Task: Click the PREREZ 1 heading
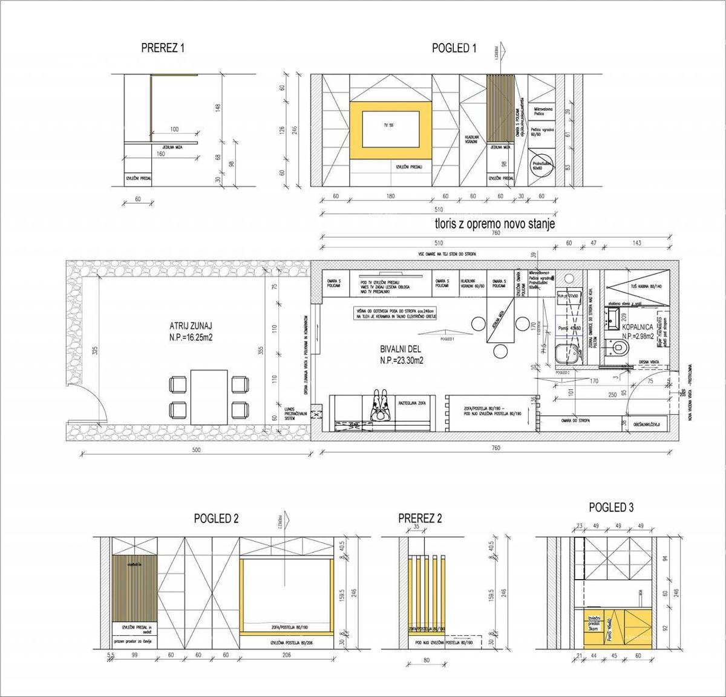coord(162,48)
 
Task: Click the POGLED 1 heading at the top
coord(454,49)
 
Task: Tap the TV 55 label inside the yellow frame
coord(388,125)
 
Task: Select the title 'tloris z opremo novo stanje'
coord(494,224)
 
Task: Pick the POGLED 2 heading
coord(217,519)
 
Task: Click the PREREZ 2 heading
coord(420,519)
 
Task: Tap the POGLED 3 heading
coord(611,508)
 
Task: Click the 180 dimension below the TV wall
coord(390,196)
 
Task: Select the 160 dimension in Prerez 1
coord(160,154)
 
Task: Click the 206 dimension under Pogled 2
coord(286,655)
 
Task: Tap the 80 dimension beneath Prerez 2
coord(427,661)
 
